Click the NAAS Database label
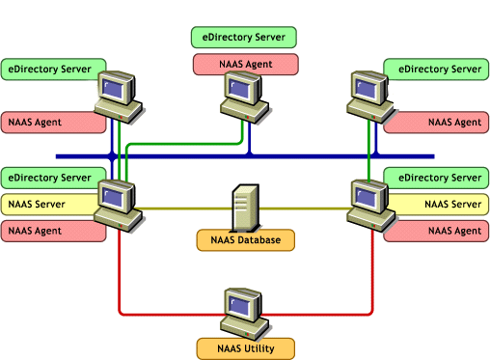coord(245,239)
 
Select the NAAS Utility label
coord(245,346)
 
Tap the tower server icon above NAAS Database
coord(245,205)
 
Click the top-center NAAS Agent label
coord(245,64)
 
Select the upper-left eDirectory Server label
coord(52,69)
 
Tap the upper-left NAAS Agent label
coord(52,123)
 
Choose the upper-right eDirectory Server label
coord(435,69)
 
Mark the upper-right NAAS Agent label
coord(435,123)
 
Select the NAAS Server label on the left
coord(52,205)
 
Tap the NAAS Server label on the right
coord(435,205)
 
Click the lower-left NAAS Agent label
coord(52,231)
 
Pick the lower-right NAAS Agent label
coord(435,231)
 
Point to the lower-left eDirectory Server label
coord(52,178)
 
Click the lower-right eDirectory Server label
coord(435,178)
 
